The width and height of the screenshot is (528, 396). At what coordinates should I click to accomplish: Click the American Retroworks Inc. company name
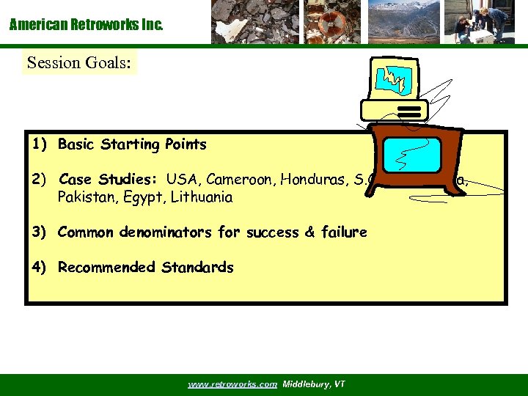86,25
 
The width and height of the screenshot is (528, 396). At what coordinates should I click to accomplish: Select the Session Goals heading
79,63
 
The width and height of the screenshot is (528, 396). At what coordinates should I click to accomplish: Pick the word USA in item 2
182,180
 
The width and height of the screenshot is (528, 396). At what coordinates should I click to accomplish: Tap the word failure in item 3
342,232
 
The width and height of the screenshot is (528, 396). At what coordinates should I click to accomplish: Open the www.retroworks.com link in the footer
232,384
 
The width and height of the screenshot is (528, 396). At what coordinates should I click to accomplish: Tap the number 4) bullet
39,268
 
